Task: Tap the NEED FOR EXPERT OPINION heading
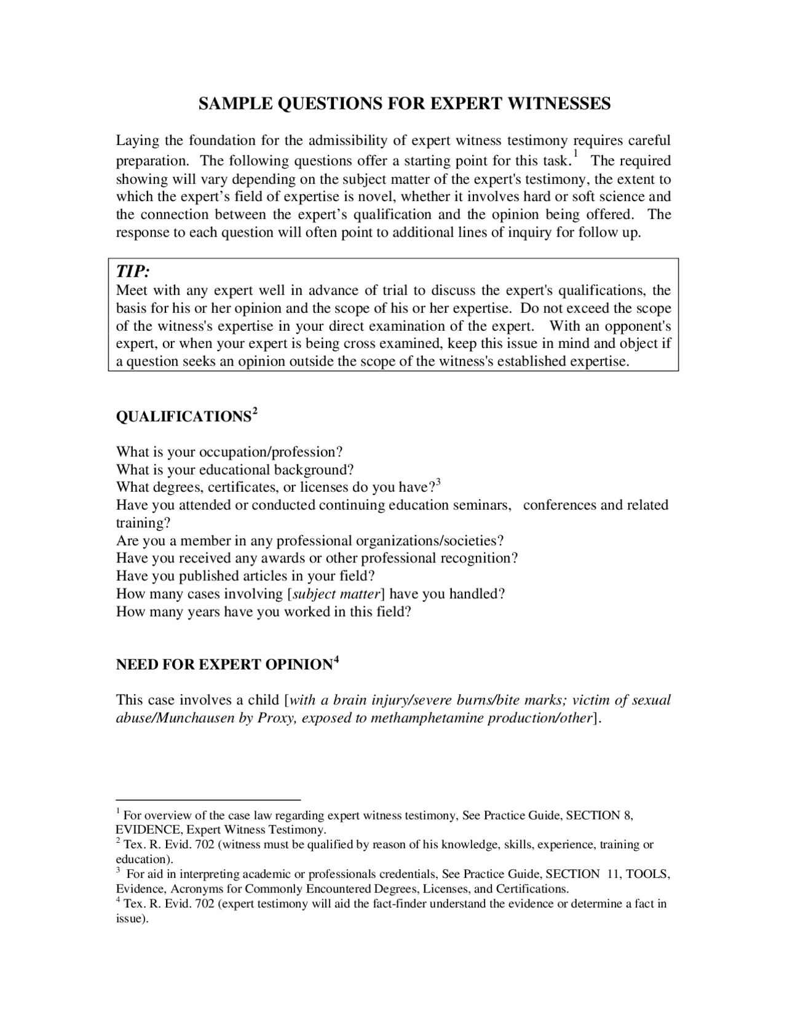tap(224, 665)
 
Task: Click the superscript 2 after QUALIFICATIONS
tap(255, 411)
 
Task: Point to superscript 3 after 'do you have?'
tap(438, 483)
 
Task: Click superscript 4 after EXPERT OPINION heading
tap(336, 660)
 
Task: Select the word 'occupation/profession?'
tap(271, 452)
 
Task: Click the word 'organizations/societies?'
tap(430, 541)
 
